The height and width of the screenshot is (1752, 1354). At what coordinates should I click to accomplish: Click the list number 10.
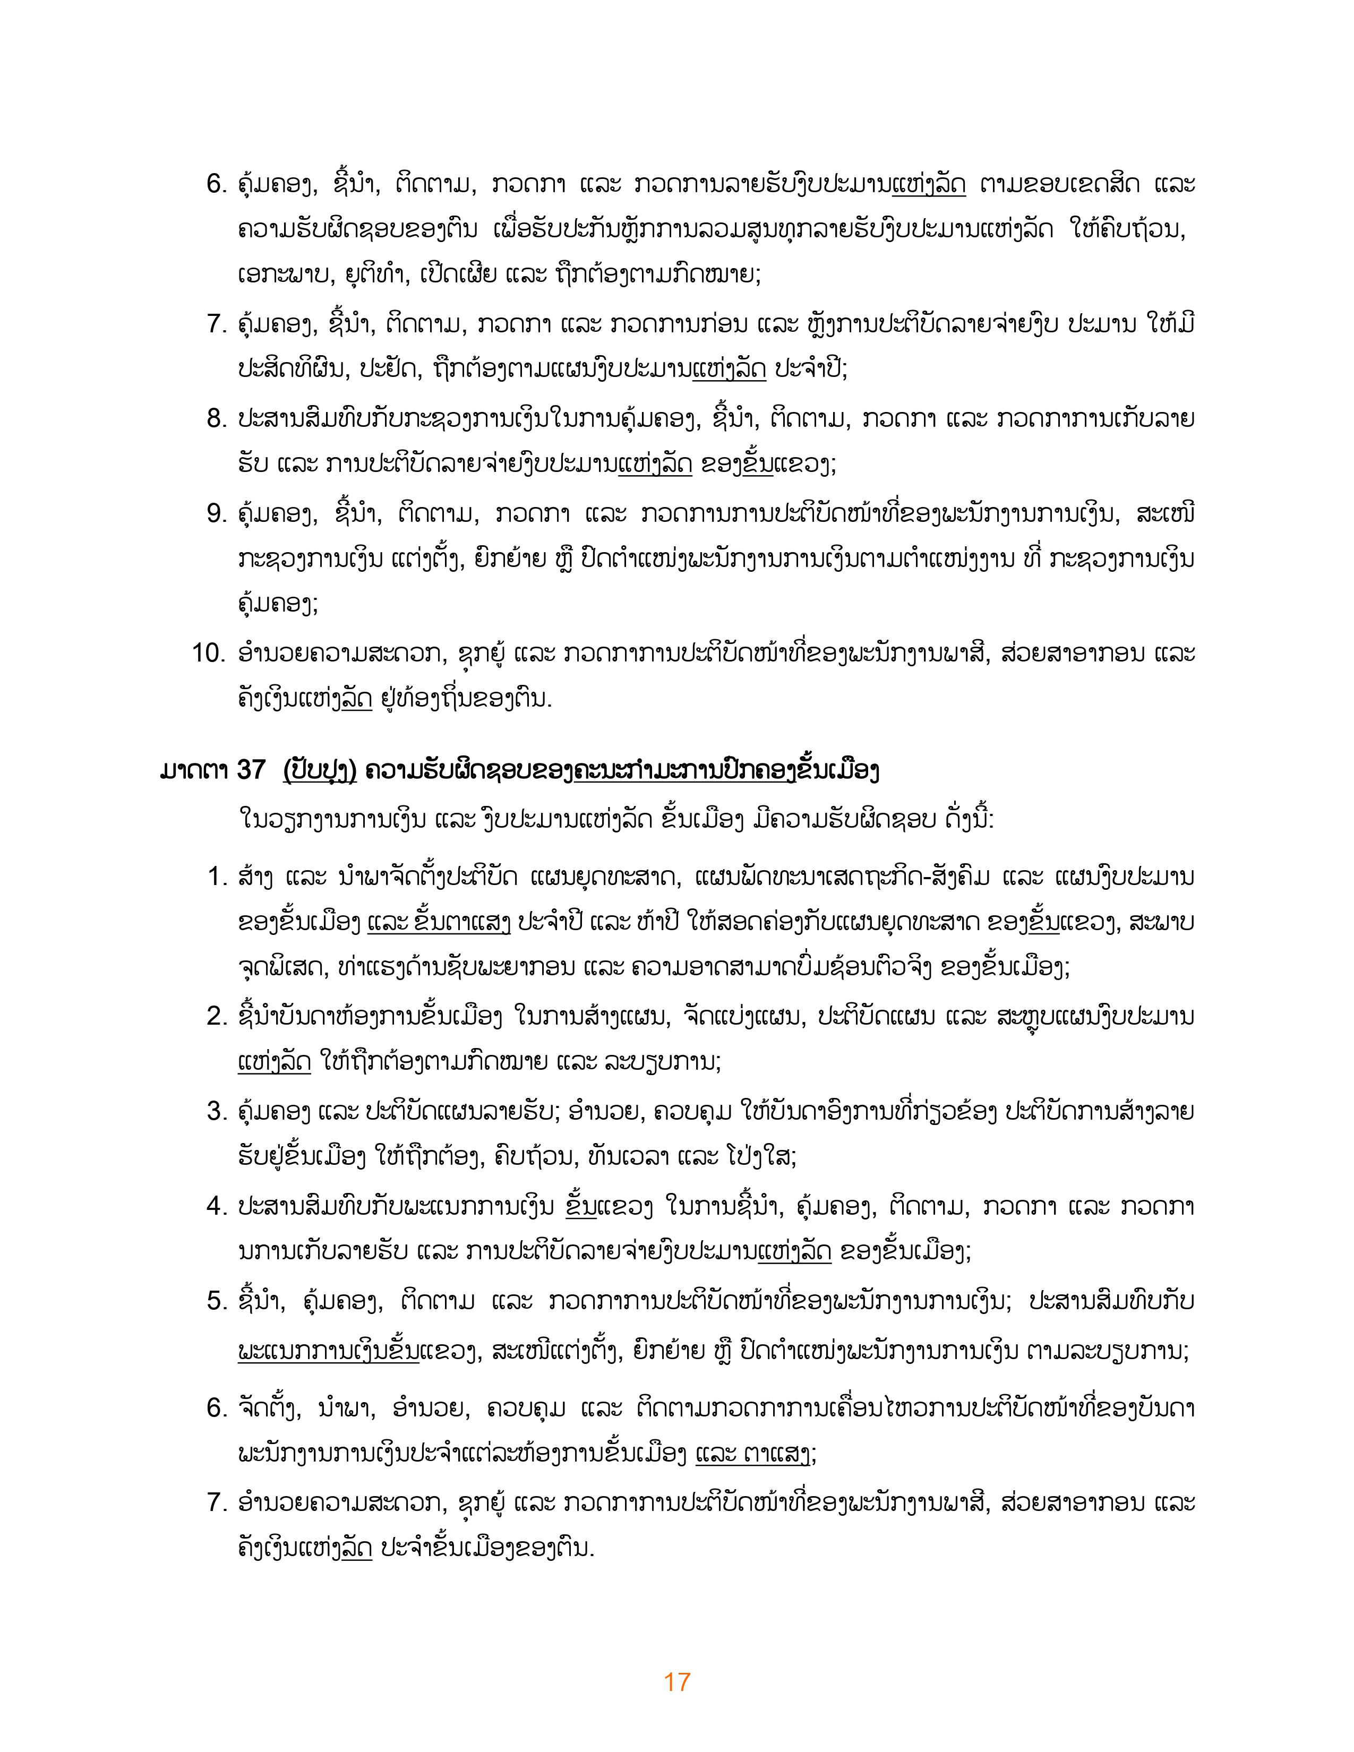209,653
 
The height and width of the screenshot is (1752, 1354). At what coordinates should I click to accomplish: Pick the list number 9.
217,513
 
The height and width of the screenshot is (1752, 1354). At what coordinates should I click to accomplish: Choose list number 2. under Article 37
217,1016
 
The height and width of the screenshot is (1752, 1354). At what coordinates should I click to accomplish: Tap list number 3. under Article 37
217,1111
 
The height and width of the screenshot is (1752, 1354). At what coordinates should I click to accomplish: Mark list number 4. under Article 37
217,1206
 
